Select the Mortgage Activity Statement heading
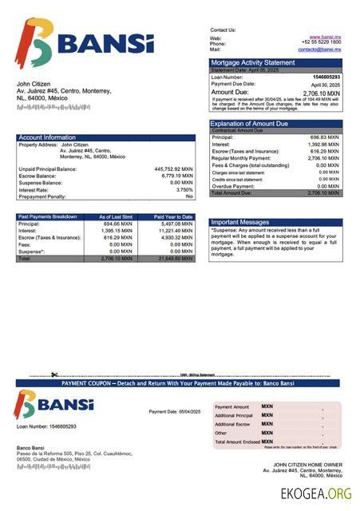pyautogui.click(x=252, y=62)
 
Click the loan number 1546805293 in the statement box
pyautogui.click(x=325, y=77)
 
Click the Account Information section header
pyautogui.click(x=47, y=137)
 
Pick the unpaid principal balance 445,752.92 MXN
pyautogui.click(x=173, y=169)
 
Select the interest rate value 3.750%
pyautogui.click(x=184, y=189)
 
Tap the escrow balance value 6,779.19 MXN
pyautogui.click(x=175, y=176)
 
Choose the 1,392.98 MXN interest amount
pyautogui.click(x=324, y=145)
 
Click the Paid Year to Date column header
pyautogui.click(x=173, y=216)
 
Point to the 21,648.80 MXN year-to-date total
pyautogui.click(x=176, y=259)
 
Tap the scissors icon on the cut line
pyautogui.click(x=54, y=374)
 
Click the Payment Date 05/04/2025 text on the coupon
pyautogui.click(x=175, y=411)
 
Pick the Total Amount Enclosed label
pyautogui.click(x=237, y=442)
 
